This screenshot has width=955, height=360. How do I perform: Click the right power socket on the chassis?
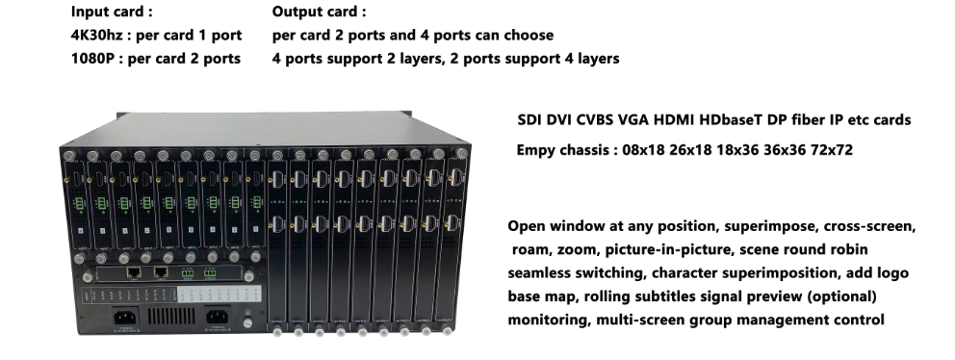coord(217,318)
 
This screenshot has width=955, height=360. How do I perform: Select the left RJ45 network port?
coord(137,272)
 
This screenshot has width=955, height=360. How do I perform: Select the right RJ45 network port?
coord(160,272)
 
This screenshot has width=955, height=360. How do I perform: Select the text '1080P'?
coord(94,59)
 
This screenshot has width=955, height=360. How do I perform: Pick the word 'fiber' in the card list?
coord(808,120)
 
